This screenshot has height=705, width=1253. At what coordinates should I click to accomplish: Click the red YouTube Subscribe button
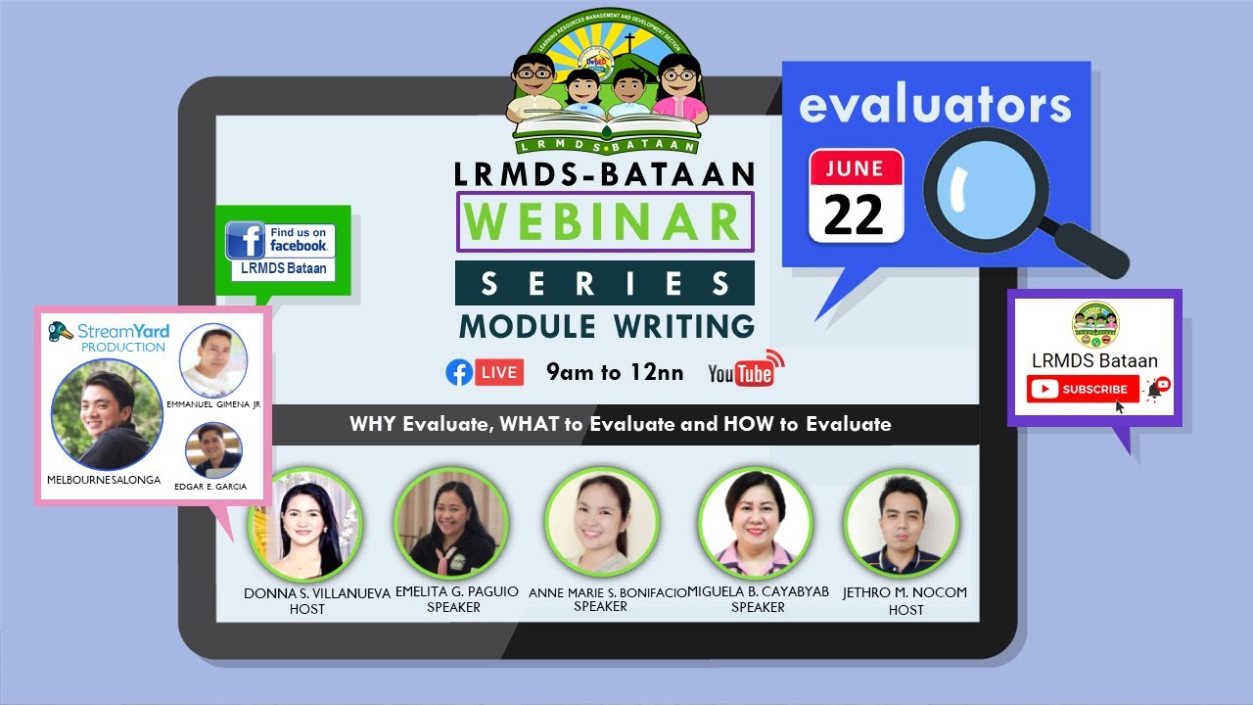pyautogui.click(x=1083, y=389)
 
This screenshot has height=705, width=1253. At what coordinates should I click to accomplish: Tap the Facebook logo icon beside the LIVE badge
pyautogui.click(x=458, y=372)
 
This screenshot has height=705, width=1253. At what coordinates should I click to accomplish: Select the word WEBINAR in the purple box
pyautogui.click(x=604, y=221)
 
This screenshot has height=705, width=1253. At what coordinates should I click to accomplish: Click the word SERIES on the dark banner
pyautogui.click(x=604, y=284)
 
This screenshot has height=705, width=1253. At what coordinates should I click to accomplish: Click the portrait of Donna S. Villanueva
pyautogui.click(x=305, y=526)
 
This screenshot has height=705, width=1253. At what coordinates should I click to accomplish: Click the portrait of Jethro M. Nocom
pyautogui.click(x=901, y=526)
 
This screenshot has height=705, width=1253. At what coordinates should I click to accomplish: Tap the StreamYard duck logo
pyautogui.click(x=61, y=331)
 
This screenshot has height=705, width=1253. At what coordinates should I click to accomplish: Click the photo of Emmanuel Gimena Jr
pyautogui.click(x=213, y=360)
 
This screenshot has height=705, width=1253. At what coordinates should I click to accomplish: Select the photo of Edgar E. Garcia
pyautogui.click(x=213, y=449)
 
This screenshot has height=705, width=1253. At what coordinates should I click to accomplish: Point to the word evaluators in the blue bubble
pyautogui.click(x=935, y=105)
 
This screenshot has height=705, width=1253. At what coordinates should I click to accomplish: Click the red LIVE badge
pyautogui.click(x=499, y=372)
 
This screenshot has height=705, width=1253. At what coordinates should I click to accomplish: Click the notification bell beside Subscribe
pyautogui.click(x=1156, y=389)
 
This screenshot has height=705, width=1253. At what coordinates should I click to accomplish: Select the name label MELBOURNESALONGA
pyautogui.click(x=104, y=480)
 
